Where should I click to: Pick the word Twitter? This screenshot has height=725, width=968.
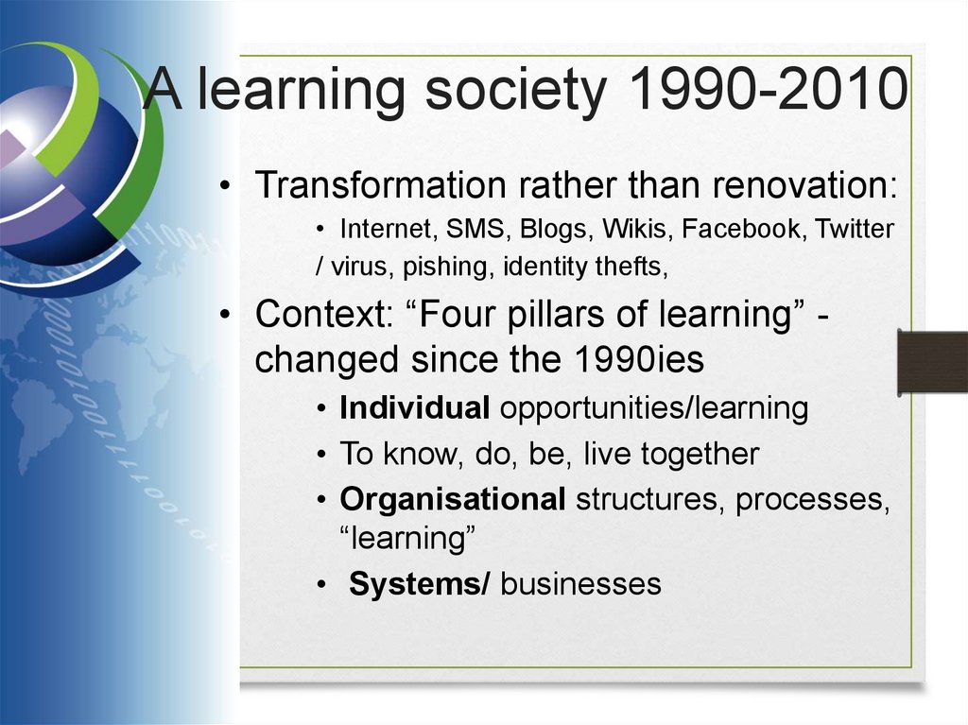tap(855, 229)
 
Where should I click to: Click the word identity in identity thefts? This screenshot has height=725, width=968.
tap(541, 268)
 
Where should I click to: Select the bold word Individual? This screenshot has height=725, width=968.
tap(414, 408)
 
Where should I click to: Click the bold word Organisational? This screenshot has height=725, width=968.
tap(453, 500)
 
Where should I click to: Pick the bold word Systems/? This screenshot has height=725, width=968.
tap(419, 584)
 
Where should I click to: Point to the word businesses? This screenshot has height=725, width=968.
tap(580, 584)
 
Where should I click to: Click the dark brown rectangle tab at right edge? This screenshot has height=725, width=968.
tap(932, 362)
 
